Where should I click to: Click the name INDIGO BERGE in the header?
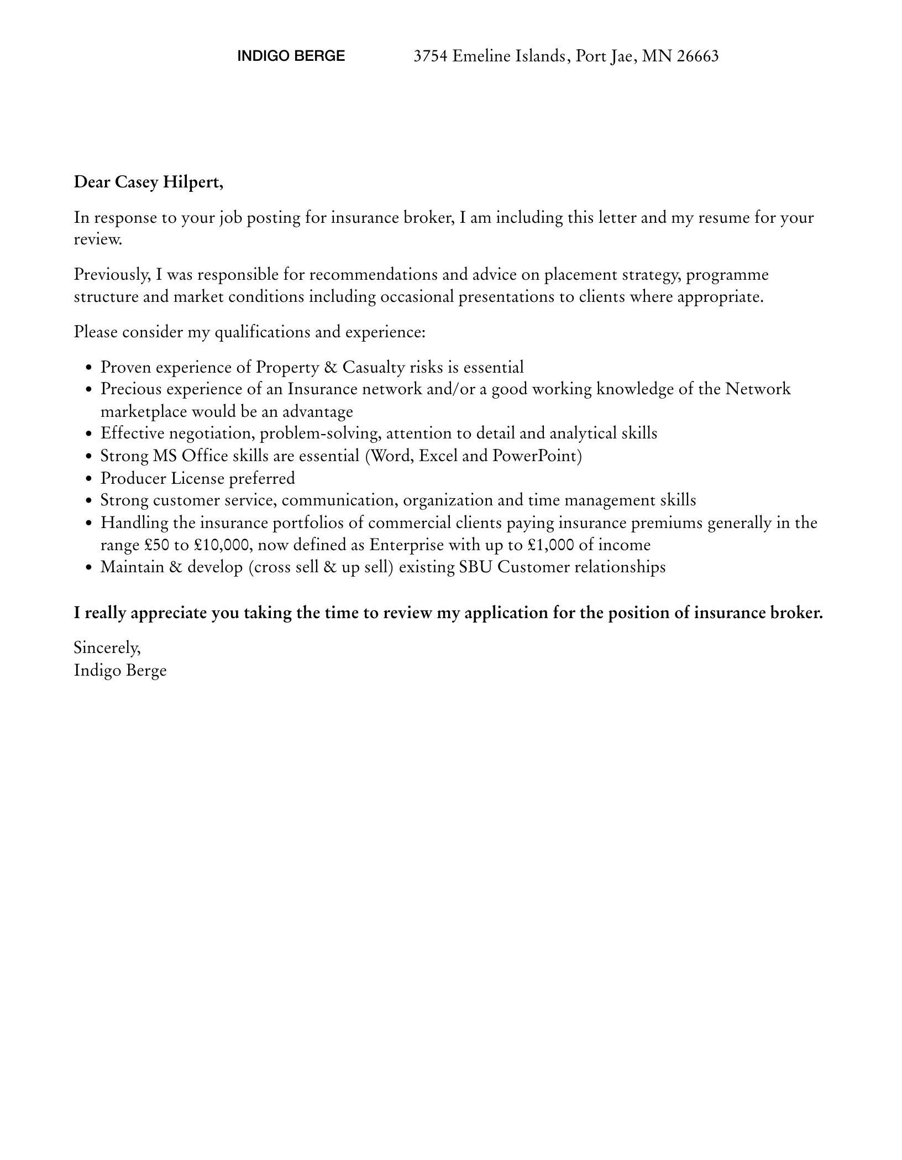pyautogui.click(x=291, y=56)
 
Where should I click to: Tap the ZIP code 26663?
pyautogui.click(x=698, y=56)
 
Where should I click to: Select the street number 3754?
pyautogui.click(x=431, y=56)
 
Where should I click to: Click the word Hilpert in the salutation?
pyautogui.click(x=192, y=182)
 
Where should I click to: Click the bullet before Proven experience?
pyautogui.click(x=88, y=368)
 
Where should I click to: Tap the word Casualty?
pyautogui.click(x=374, y=367)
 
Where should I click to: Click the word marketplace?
pyautogui.click(x=144, y=412)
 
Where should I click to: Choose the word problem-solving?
pyautogui.click(x=320, y=433)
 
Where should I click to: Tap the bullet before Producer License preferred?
pyautogui.click(x=88, y=479)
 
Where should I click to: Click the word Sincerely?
pyautogui.click(x=107, y=647)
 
